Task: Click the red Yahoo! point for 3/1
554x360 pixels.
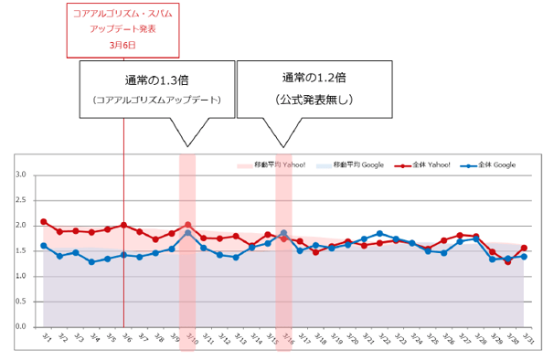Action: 43,222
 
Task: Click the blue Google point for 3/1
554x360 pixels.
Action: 43,246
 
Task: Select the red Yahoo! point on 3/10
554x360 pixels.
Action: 187,225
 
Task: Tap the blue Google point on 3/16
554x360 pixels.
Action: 283,233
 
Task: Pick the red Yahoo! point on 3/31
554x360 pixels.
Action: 524,248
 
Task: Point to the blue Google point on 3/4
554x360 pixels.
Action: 91,262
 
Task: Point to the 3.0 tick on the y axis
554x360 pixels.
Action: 23,175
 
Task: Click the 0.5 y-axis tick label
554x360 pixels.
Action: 23,301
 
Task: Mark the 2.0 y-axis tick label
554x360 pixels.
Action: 23,225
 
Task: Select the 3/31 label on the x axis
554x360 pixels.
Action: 525,338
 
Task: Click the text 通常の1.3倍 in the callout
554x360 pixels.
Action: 156,78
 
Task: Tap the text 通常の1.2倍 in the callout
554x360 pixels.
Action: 314,77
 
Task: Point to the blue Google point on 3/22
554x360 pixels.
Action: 379,234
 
